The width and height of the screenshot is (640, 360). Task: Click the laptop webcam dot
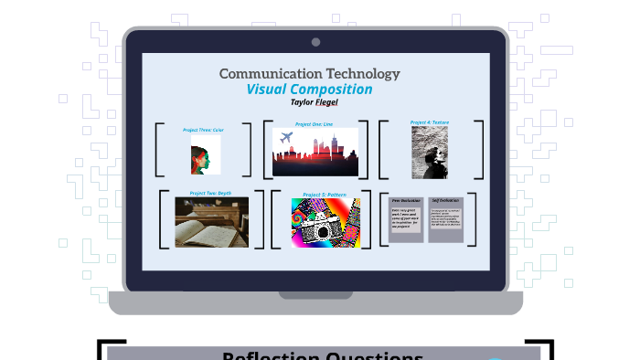point(315,42)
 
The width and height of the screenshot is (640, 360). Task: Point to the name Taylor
point(294,102)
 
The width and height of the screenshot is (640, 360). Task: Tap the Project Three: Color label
point(203,130)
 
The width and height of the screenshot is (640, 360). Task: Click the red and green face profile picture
point(203,155)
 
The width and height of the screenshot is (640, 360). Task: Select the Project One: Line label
point(314,123)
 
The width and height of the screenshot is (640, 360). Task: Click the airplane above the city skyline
point(285,136)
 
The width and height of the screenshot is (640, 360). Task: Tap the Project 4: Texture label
point(430,122)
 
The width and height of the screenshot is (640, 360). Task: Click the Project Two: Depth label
point(210,193)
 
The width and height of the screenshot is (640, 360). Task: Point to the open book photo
point(211,222)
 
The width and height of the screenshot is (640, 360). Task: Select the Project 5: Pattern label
point(325,194)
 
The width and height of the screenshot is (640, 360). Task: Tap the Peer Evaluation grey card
point(406,218)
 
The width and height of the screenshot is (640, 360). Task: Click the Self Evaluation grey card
point(445,218)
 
